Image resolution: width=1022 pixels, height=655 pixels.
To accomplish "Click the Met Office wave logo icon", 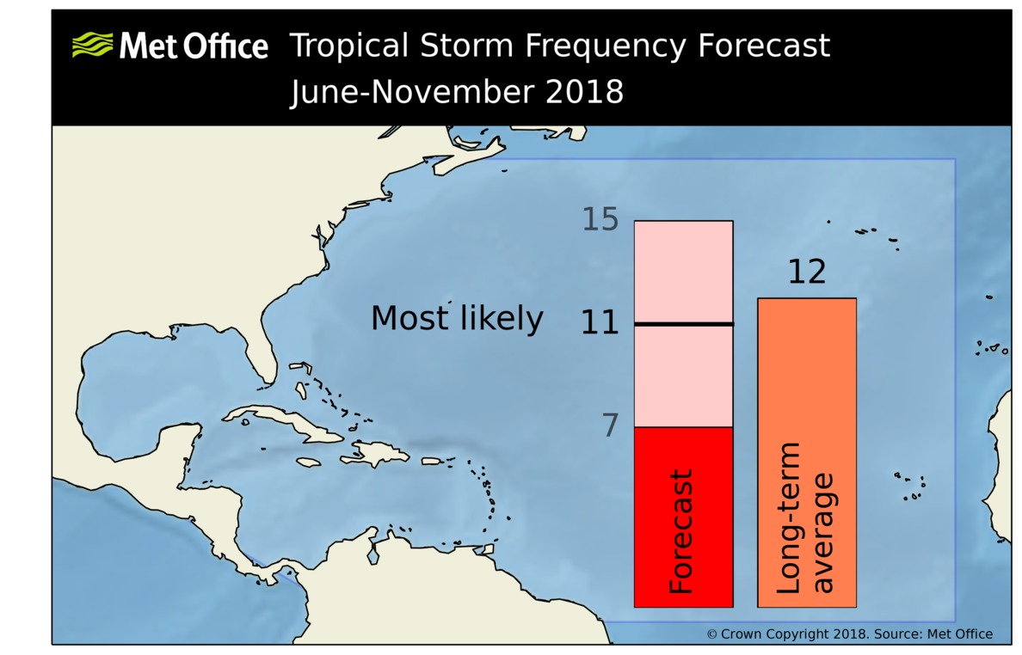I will pyautogui.click(x=92, y=45).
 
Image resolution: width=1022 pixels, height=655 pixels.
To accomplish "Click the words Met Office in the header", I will pyautogui.click(x=194, y=46).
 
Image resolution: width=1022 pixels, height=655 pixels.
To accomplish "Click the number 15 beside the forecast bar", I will pyautogui.click(x=600, y=220).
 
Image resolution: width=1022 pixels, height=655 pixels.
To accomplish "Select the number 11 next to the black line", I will pyautogui.click(x=600, y=323).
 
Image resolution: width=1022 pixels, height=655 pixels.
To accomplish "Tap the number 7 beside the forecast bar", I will pyautogui.click(x=610, y=425).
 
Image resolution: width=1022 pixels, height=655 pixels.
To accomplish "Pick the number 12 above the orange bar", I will pyautogui.click(x=806, y=272).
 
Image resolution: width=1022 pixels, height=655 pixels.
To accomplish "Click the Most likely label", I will pyautogui.click(x=457, y=319).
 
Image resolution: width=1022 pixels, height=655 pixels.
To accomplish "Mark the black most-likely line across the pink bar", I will pyautogui.click(x=683, y=324).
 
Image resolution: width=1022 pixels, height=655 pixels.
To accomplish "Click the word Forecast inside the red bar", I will pyautogui.click(x=680, y=531).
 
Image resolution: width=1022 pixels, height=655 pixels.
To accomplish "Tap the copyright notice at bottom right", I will pyautogui.click(x=849, y=634).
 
